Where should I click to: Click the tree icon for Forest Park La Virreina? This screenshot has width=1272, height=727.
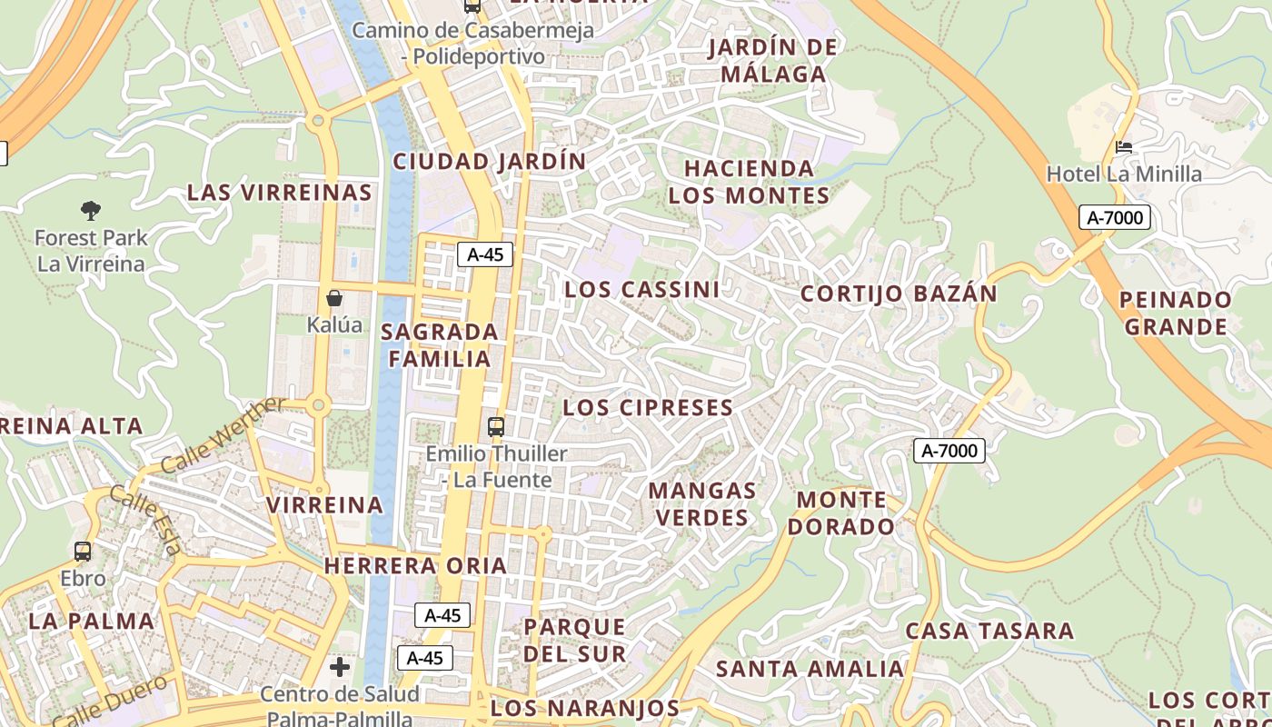coord(90,211)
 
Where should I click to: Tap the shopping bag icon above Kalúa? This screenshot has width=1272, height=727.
coord(334,298)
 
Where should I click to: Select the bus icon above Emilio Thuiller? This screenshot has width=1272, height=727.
coord(496,426)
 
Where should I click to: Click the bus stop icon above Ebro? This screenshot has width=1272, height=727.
coord(83,551)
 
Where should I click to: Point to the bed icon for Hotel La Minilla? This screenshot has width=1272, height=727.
coord(1124,146)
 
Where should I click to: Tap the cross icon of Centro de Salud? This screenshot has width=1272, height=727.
coord(340,668)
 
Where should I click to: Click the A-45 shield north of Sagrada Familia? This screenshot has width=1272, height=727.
coord(484,254)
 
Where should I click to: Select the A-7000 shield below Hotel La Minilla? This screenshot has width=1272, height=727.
coord(1115,217)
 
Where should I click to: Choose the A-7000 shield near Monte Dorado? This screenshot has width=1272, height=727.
coord(949,450)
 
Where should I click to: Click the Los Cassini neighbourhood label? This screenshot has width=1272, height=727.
coord(641,290)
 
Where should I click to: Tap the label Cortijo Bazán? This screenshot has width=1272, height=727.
coord(898,294)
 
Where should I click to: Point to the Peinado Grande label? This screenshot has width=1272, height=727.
coord(1176,313)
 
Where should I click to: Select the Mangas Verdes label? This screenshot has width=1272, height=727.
coord(701,504)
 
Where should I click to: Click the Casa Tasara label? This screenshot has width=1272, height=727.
coord(989,631)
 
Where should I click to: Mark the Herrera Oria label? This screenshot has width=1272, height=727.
coord(415,565)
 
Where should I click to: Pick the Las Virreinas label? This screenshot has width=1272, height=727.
coord(279,193)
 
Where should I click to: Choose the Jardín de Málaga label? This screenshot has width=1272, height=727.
coord(772,60)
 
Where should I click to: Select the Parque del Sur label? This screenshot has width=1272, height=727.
coord(574,640)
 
